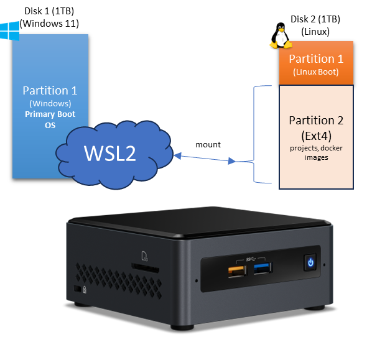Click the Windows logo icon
tap(11, 30)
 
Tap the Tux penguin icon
tap(281, 37)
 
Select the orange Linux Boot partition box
tap(316, 63)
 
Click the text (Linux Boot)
tap(316, 73)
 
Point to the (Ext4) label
tap(316, 134)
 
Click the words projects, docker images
tap(316, 152)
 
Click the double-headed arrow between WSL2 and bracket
tap(206, 157)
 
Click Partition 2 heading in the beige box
tap(316, 120)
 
